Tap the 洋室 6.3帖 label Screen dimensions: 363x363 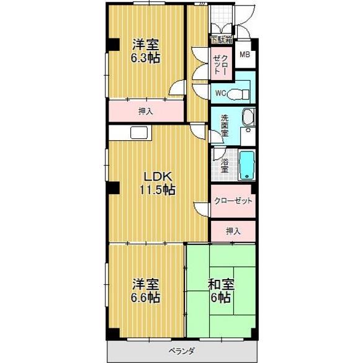click(x=146, y=51)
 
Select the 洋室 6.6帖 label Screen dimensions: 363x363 click(x=146, y=290)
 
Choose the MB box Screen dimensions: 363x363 click(x=245, y=55)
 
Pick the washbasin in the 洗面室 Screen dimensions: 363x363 click(x=248, y=118)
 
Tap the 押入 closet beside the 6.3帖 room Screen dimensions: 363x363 click(x=146, y=112)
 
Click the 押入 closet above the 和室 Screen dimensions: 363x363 click(x=232, y=231)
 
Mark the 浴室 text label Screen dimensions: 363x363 click(x=224, y=165)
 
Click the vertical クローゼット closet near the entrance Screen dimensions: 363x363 click(x=220, y=62)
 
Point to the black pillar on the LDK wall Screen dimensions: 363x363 click(x=110, y=188)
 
